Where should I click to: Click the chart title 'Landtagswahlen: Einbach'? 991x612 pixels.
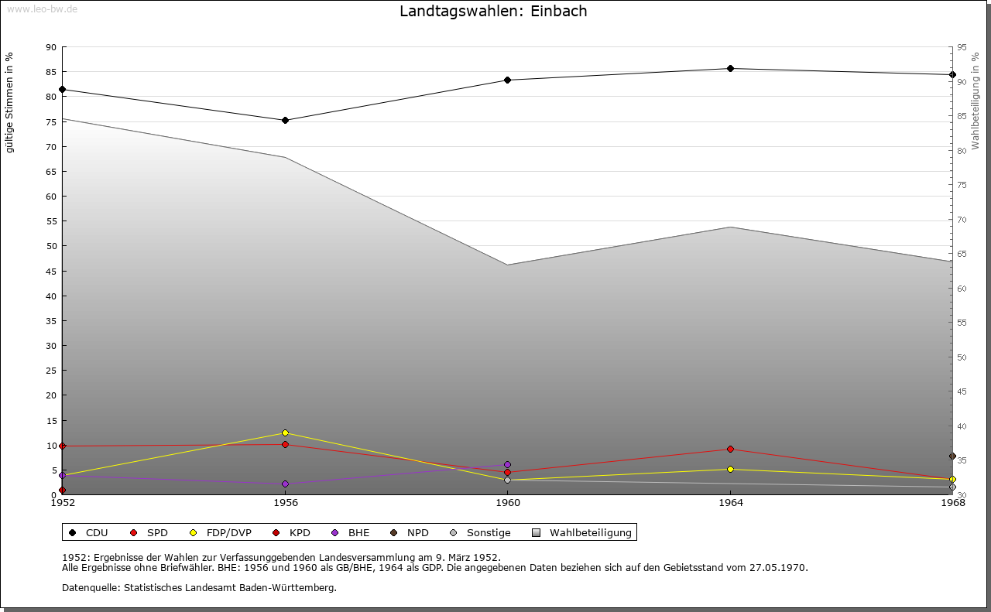pos(493,11)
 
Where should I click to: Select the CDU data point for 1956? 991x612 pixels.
pos(285,120)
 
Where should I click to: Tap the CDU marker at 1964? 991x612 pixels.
pos(730,69)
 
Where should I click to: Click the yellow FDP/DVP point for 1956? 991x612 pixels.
pos(285,433)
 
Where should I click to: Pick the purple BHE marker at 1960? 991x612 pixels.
pos(507,465)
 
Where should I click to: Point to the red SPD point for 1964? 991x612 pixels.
pos(730,450)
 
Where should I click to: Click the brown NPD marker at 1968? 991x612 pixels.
pos(952,456)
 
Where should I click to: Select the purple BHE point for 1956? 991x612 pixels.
pos(285,484)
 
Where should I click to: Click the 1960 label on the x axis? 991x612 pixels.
pos(508,503)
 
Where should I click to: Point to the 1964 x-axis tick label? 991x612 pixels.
pos(730,503)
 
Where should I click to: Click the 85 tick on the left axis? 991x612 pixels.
pos(51,72)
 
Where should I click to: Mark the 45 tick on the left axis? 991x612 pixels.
pos(51,272)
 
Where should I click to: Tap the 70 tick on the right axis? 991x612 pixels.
pos(962,220)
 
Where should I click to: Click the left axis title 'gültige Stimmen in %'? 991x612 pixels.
pos(10,102)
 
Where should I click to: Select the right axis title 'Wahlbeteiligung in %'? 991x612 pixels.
pos(976,101)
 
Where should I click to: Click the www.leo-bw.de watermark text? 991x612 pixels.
pos(41,9)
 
